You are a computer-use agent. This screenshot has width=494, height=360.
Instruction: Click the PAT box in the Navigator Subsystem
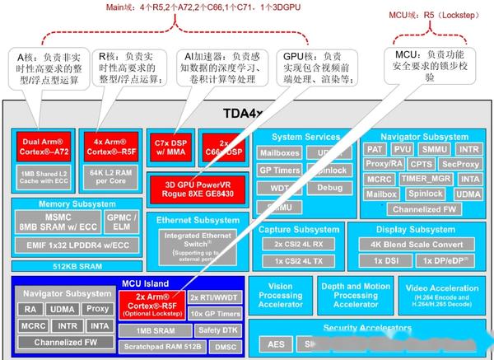pos(375,149)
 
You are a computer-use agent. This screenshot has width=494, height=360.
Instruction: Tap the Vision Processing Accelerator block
pos(280,296)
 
